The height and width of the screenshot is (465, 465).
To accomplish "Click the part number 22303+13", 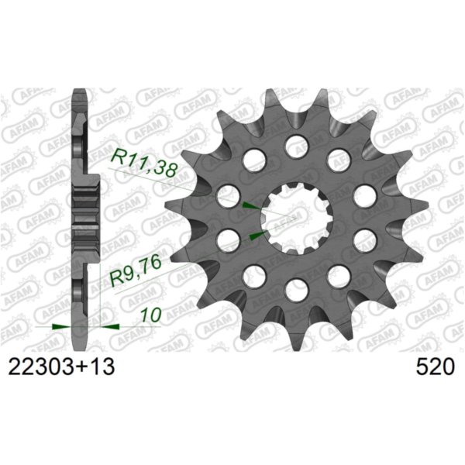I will coord(60,367).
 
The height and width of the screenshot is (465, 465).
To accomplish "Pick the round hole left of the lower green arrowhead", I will coord(228,239).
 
